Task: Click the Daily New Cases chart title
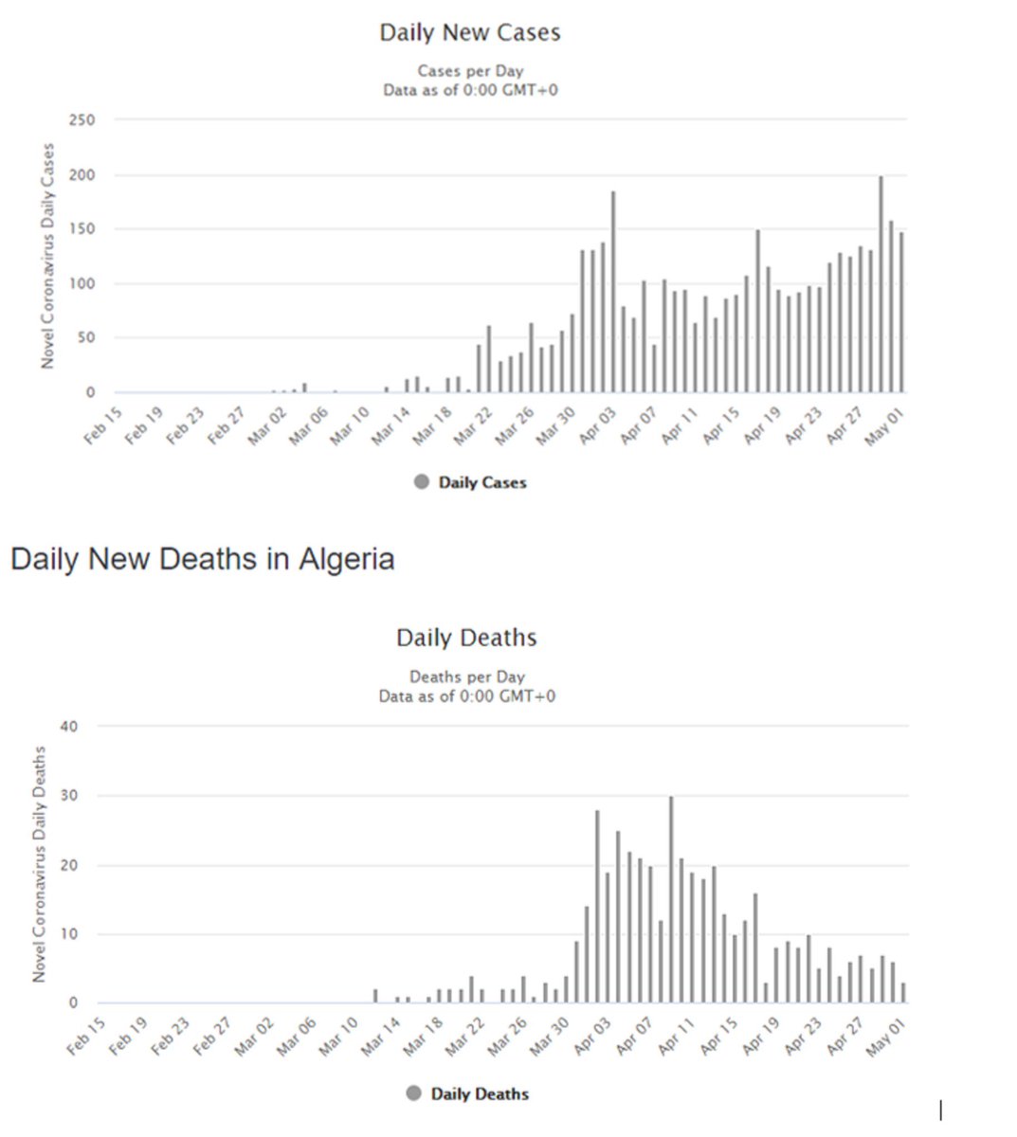click(x=469, y=33)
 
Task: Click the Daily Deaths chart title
click(x=466, y=639)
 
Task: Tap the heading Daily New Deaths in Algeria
click(x=202, y=559)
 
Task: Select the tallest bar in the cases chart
click(x=881, y=284)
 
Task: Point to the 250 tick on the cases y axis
click(x=82, y=120)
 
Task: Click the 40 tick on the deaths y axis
click(x=69, y=727)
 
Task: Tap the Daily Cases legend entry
click(x=481, y=482)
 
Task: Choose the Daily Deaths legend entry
click(x=479, y=1093)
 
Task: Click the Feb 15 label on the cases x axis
click(x=103, y=425)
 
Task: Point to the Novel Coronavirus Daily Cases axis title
click(x=48, y=256)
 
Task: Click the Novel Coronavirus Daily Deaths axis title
click(x=40, y=863)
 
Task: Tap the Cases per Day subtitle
click(x=470, y=71)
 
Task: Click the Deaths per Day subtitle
click(x=466, y=677)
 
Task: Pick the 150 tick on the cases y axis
click(x=82, y=229)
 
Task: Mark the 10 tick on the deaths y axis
click(x=72, y=934)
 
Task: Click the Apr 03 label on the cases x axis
click(x=597, y=425)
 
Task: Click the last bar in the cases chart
click(x=901, y=313)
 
